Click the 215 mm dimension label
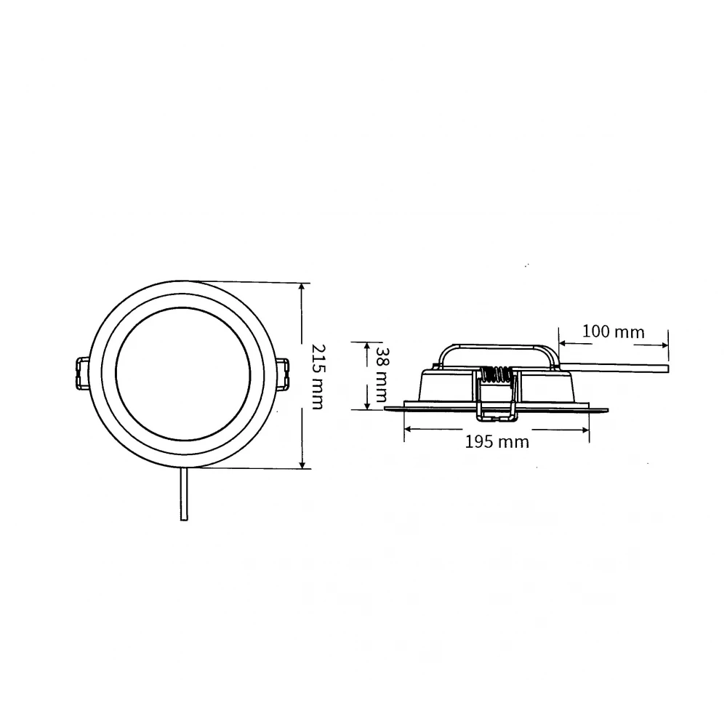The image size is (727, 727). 316,375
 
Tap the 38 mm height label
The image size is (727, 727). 379,375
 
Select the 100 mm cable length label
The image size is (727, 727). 614,332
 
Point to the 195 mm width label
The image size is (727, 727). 497,441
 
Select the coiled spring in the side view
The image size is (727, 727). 497,375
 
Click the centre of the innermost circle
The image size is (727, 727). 182,375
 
